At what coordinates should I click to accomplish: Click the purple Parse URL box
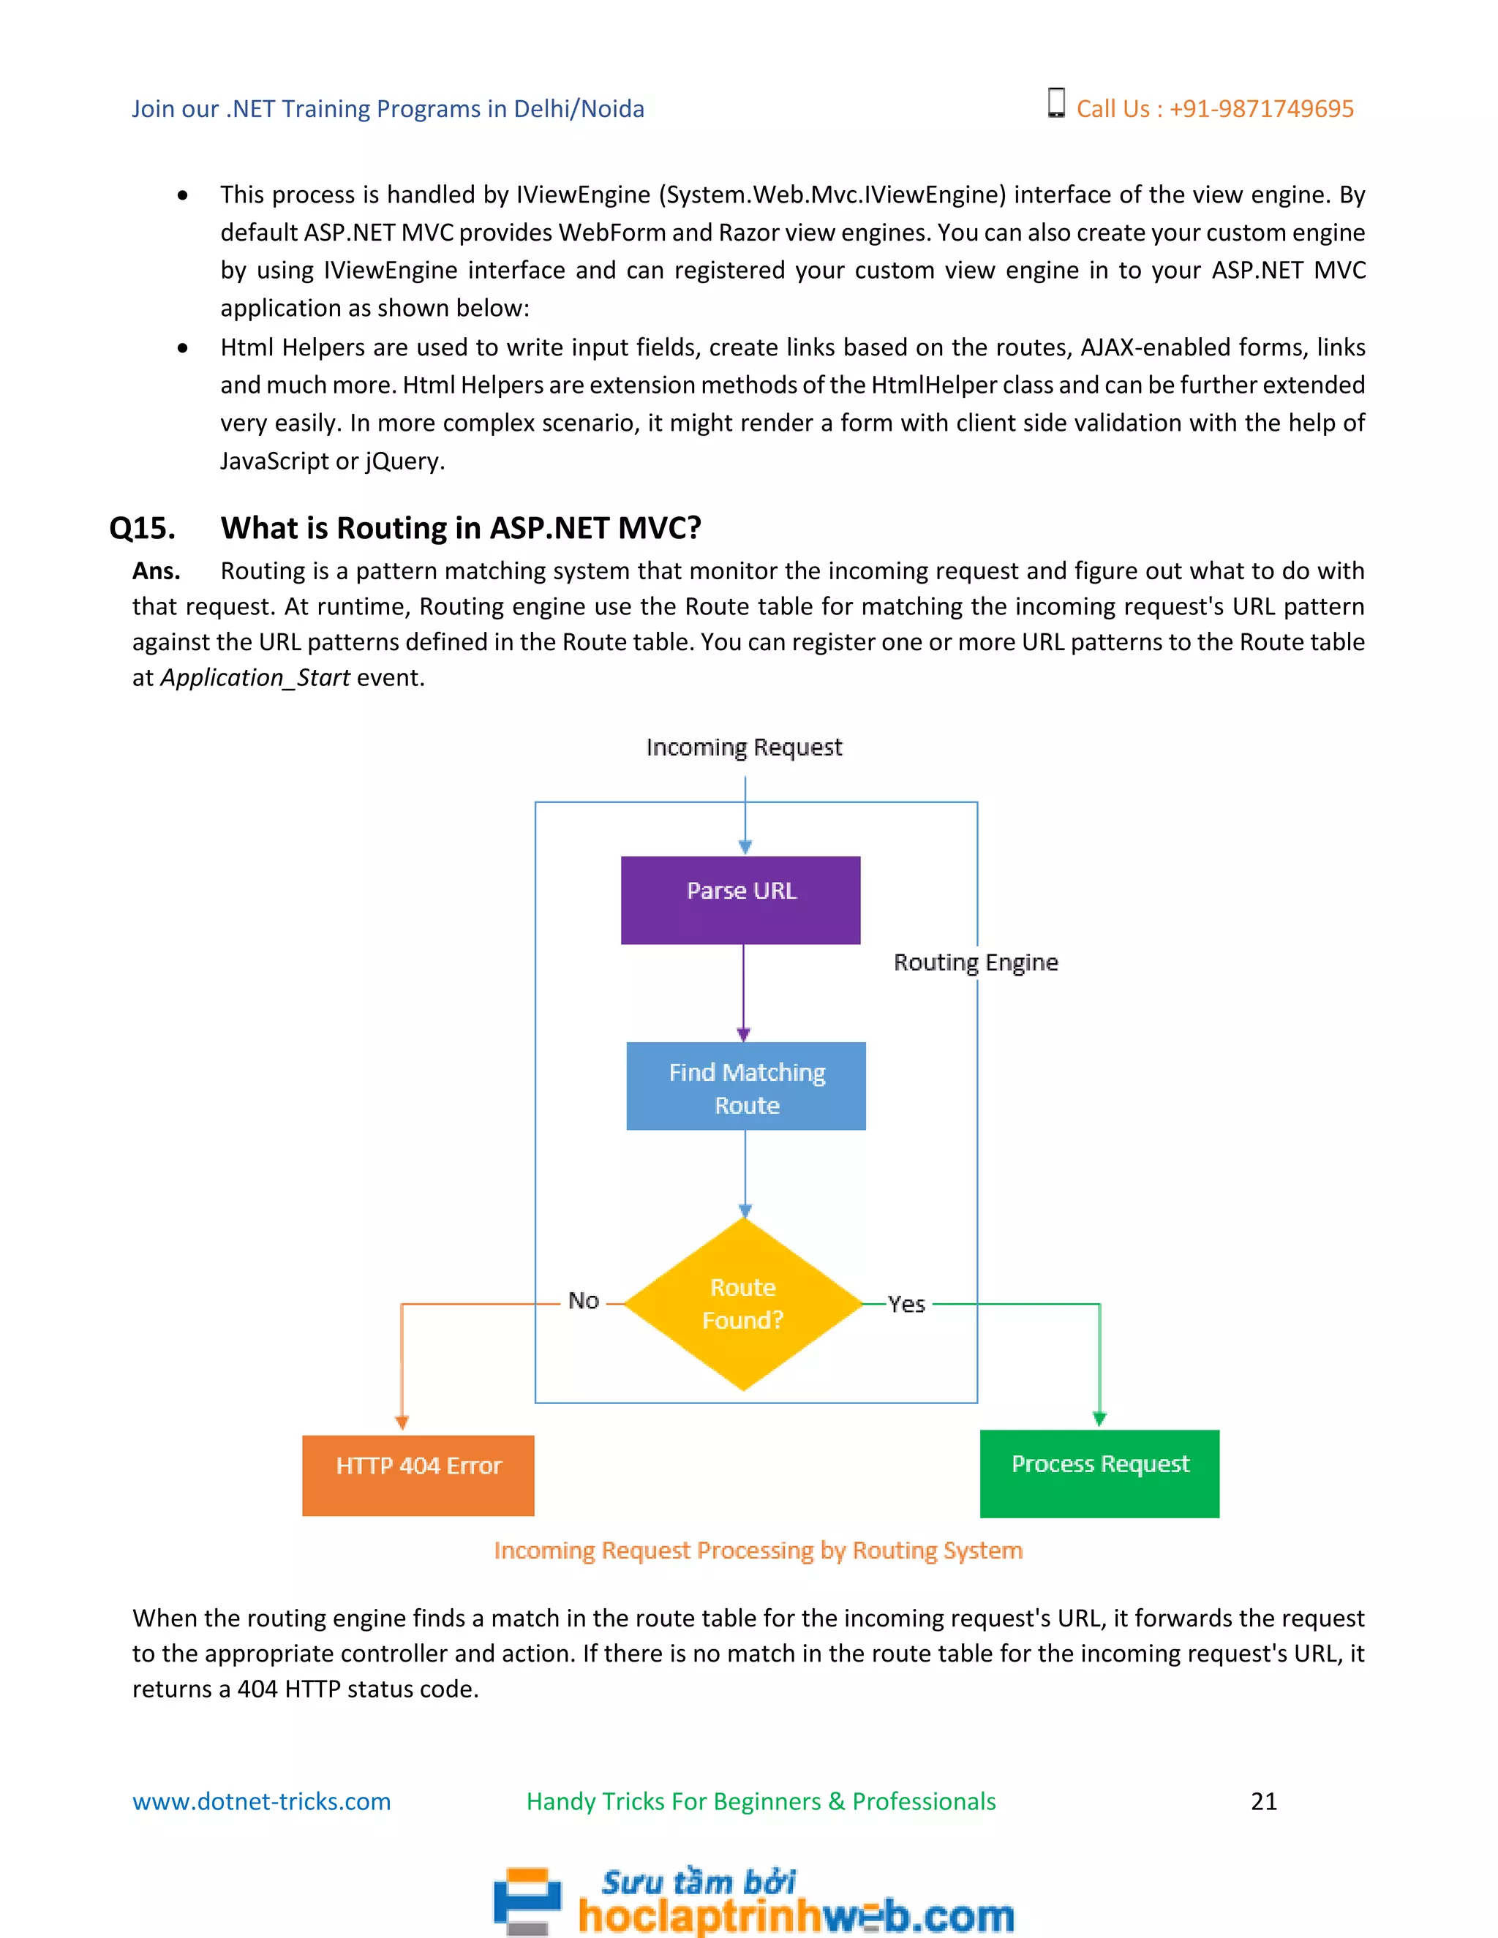click(740, 899)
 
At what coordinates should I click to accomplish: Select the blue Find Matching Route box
click(745, 1085)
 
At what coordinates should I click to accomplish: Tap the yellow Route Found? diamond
click(744, 1302)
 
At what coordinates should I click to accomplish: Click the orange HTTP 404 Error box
click(418, 1475)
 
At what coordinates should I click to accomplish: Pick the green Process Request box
click(1099, 1473)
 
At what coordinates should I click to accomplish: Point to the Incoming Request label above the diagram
click(744, 747)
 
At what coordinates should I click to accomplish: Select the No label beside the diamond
click(583, 1300)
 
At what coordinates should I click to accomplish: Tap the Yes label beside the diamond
click(906, 1303)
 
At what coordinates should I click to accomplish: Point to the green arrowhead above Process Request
click(1099, 1418)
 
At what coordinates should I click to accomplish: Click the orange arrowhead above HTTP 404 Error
click(402, 1422)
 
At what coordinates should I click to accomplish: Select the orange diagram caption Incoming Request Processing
click(758, 1550)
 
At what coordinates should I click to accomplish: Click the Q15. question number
click(142, 528)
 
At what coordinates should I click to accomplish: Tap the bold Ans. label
click(157, 570)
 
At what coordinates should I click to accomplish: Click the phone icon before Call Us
click(1055, 103)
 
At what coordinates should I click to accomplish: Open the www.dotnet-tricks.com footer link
click(261, 1801)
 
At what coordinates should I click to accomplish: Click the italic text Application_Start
click(255, 678)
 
